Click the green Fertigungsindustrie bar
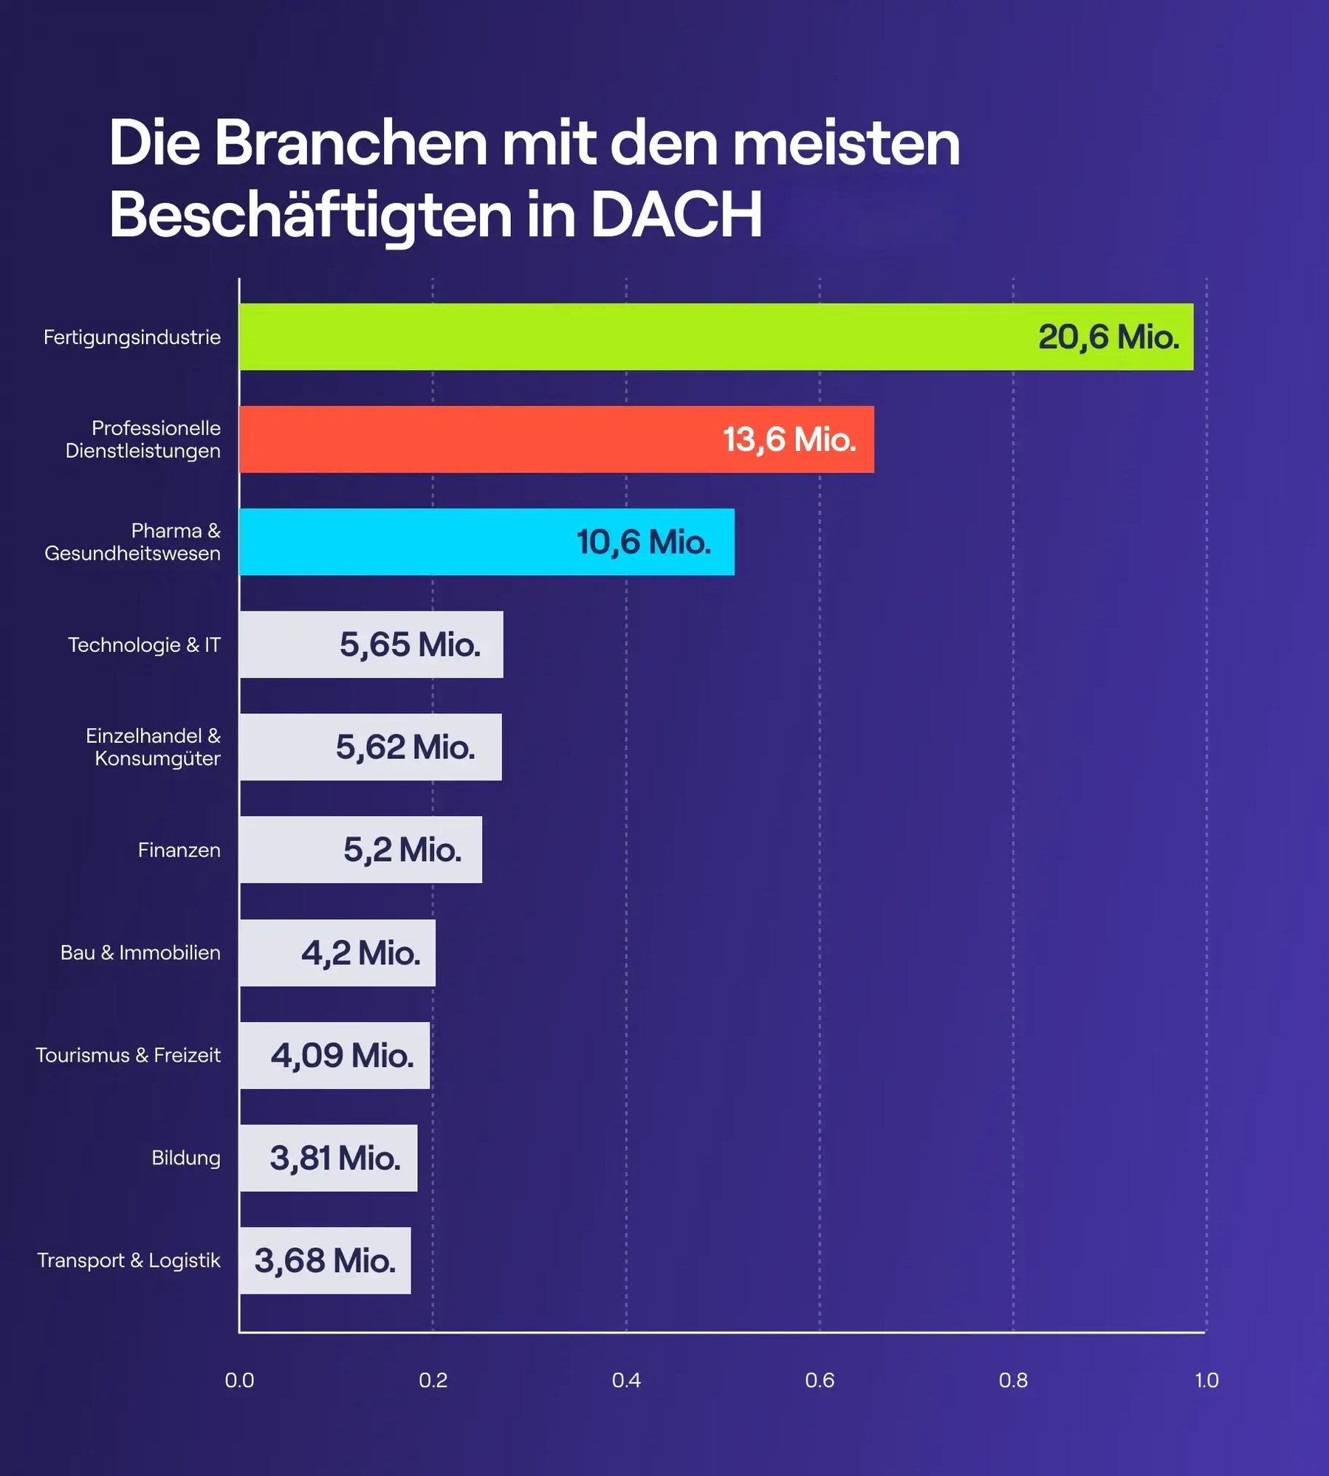pyautogui.click(x=635, y=337)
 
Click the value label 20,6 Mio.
pyautogui.click(x=1108, y=337)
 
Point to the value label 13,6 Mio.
pyautogui.click(x=789, y=440)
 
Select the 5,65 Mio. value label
pyautogui.click(x=410, y=645)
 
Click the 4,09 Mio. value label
pyautogui.click(x=342, y=1055)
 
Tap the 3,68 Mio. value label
pyautogui.click(x=325, y=1260)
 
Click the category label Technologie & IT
pyautogui.click(x=144, y=645)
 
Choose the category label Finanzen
pyautogui.click(x=179, y=850)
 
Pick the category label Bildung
pyautogui.click(x=185, y=1158)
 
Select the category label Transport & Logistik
pyautogui.click(x=128, y=1260)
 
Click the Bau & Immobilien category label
pyautogui.click(x=140, y=952)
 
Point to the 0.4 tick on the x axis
pyautogui.click(x=626, y=1380)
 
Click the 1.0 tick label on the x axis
pyautogui.click(x=1206, y=1380)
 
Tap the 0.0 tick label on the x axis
pyautogui.click(x=239, y=1380)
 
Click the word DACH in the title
pyautogui.click(x=676, y=215)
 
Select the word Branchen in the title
pyautogui.click(x=351, y=143)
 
